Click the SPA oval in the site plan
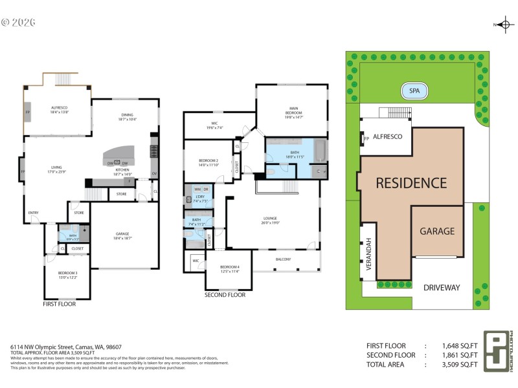(x=414, y=91)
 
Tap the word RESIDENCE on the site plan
(x=412, y=183)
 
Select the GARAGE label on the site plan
(x=437, y=231)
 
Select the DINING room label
(x=127, y=117)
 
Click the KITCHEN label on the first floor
(x=122, y=171)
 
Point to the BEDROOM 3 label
(x=68, y=274)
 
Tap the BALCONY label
(x=284, y=259)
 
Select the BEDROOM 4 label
(x=229, y=268)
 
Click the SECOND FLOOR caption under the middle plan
(x=225, y=294)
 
